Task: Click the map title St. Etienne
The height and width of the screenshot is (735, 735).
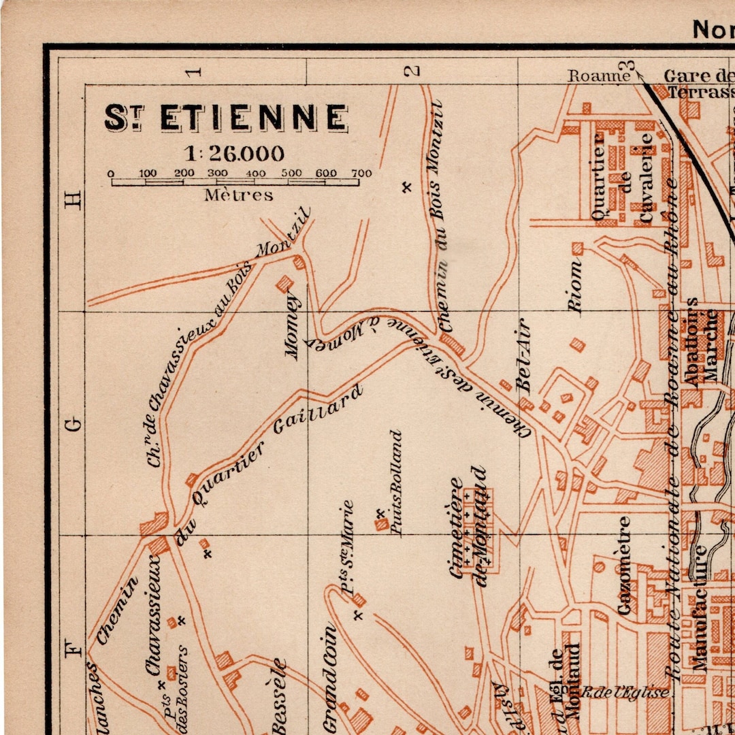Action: [x=226, y=117]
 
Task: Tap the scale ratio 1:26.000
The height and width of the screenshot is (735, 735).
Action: [x=233, y=153]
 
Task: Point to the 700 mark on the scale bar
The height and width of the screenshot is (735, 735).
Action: [x=361, y=174]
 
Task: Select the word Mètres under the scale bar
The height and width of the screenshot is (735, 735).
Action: [x=239, y=195]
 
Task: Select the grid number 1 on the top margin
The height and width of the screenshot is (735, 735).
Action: [x=195, y=71]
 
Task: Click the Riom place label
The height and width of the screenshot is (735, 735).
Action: [x=576, y=289]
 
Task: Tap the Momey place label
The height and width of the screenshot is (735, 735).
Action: [x=292, y=325]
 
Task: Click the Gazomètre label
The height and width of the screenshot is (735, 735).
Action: [x=623, y=566]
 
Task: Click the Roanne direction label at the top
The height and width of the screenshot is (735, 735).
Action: [x=599, y=76]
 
